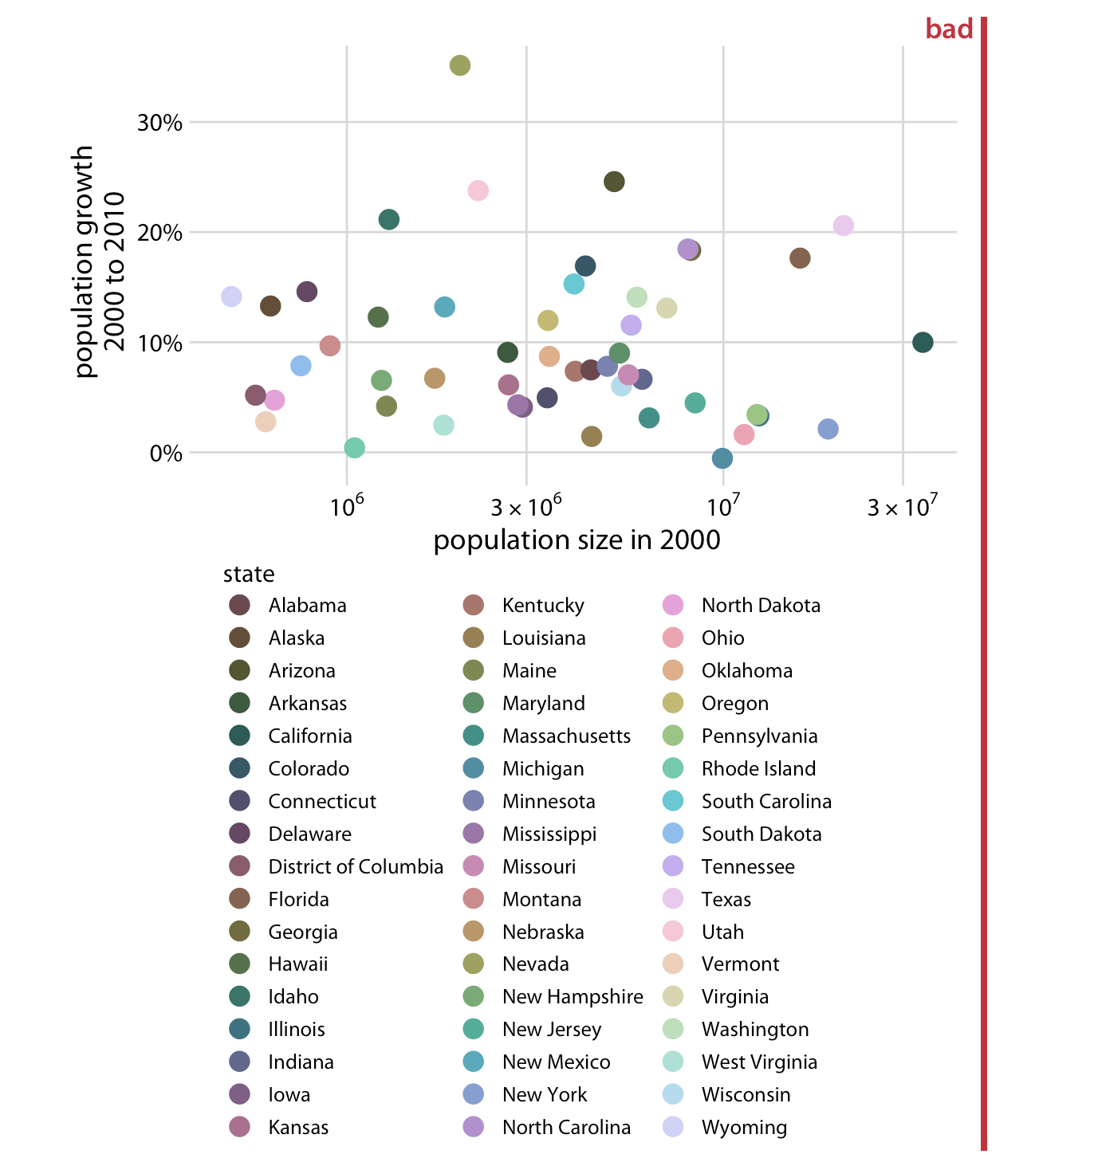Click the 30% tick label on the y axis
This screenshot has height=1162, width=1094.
pyautogui.click(x=159, y=123)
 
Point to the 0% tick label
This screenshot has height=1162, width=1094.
pyautogui.click(x=166, y=453)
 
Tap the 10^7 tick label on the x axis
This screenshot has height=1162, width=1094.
pyautogui.click(x=723, y=506)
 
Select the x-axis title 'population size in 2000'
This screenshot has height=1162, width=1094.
pyautogui.click(x=577, y=540)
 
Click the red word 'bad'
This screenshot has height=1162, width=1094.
pyautogui.click(x=949, y=29)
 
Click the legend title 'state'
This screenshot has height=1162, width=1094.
pyautogui.click(x=249, y=575)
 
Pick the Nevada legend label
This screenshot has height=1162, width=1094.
pyautogui.click(x=535, y=964)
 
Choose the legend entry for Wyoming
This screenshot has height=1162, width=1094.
pyautogui.click(x=744, y=1128)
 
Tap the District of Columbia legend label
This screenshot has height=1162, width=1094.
pyautogui.click(x=356, y=867)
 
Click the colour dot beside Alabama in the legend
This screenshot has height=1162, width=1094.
pyautogui.click(x=239, y=605)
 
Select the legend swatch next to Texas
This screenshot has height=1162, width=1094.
pyautogui.click(x=673, y=899)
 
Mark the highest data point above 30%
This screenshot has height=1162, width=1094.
pyautogui.click(x=460, y=65)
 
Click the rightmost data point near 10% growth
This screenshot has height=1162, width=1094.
pyautogui.click(x=923, y=343)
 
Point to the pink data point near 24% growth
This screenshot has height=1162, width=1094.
pyautogui.click(x=478, y=190)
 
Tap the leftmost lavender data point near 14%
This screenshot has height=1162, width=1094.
pyautogui.click(x=231, y=296)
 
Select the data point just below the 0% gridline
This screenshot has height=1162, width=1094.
pyautogui.click(x=722, y=458)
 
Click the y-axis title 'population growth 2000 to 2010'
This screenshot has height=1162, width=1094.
pyautogui.click(x=100, y=261)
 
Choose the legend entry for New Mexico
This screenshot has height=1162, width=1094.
pyautogui.click(x=556, y=1062)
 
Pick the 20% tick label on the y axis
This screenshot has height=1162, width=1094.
pyautogui.click(x=159, y=234)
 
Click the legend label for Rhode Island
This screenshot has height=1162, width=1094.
pyautogui.click(x=758, y=769)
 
